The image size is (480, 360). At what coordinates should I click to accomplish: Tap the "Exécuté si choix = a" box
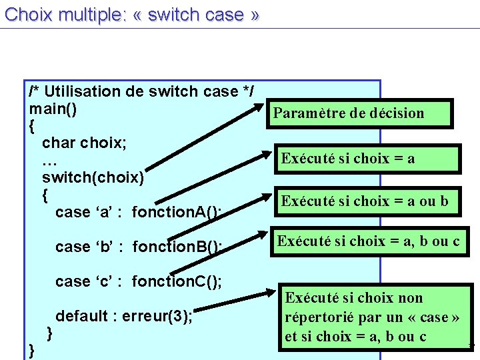pos(348,159)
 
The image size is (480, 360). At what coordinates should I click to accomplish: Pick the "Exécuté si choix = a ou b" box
pos(365,201)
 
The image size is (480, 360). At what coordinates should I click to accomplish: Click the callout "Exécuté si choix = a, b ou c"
pos(368,241)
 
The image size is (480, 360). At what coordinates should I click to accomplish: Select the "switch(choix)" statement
pos(93,177)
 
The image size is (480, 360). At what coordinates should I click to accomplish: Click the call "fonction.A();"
pos(177,213)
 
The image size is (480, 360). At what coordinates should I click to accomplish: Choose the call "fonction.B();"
pos(177,247)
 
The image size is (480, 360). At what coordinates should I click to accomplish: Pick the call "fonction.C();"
pos(177,282)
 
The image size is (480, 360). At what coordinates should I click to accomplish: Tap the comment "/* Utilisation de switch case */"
pos(141,91)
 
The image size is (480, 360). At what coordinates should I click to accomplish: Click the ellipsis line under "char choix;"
pos(49,161)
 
